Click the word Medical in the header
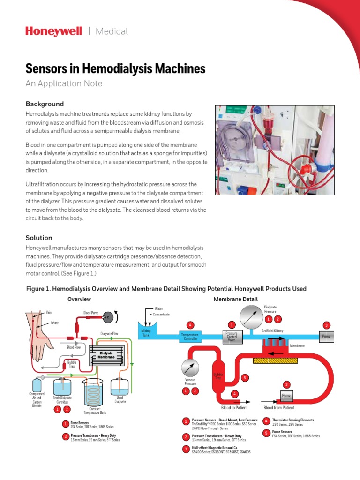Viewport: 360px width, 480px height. pyautogui.click(x=112, y=31)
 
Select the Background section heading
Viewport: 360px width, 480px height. pyautogui.click(x=45, y=104)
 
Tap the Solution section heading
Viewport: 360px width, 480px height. pyautogui.click(x=39, y=238)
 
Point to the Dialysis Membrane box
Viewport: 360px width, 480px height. pyautogui.click(x=106, y=355)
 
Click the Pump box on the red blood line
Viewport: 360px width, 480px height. pyautogui.click(x=286, y=396)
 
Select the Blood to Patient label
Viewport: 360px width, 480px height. pyautogui.click(x=234, y=408)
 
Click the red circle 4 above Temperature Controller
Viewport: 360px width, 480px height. pyautogui.click(x=190, y=324)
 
